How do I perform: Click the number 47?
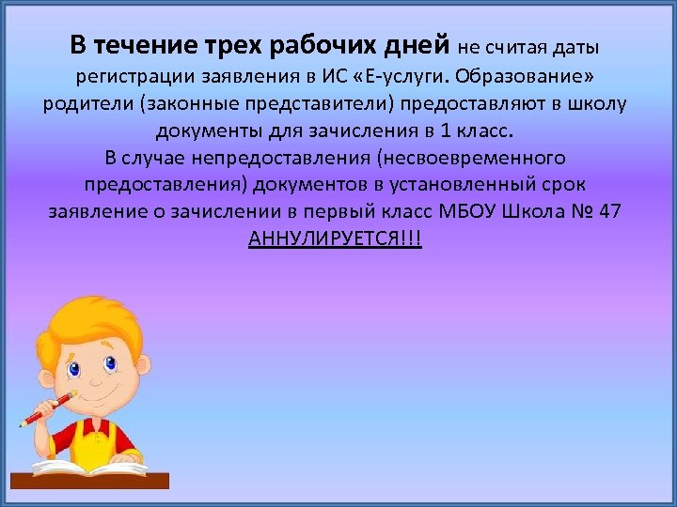coord(609,210)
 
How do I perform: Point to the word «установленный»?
coord(461,184)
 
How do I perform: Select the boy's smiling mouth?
coord(99,392)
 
